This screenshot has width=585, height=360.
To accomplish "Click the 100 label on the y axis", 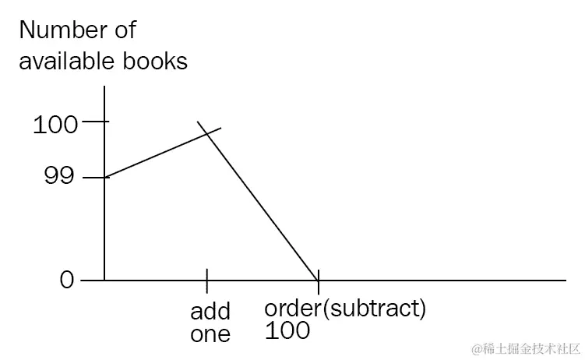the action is [55, 123].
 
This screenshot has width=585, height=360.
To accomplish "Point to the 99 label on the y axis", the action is [58, 177].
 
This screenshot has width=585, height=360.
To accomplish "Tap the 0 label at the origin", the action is [67, 280].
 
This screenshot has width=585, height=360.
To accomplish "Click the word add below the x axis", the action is [210, 311].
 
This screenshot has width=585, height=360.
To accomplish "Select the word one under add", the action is [210, 334].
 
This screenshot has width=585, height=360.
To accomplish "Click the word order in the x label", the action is [291, 309].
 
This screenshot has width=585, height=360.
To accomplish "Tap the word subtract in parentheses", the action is [374, 309].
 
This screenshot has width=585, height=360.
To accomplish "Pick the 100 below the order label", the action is [287, 331].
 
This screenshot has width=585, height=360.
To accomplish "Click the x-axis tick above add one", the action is [207, 278].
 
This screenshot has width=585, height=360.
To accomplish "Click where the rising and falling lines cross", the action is [208, 133].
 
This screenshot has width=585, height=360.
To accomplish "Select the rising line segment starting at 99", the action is [156, 155].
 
